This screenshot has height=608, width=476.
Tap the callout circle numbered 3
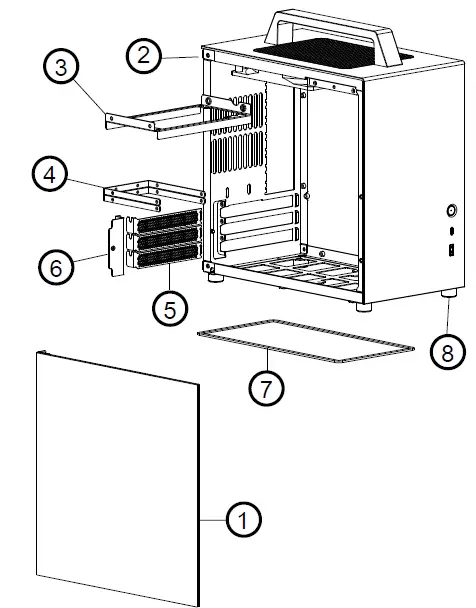point(61,68)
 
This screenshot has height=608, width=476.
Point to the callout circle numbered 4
point(50,175)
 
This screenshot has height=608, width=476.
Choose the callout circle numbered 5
point(170,309)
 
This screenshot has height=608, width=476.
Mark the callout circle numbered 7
point(266,389)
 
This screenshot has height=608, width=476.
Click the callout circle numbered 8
point(447,351)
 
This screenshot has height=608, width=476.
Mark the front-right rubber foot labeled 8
point(445,296)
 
